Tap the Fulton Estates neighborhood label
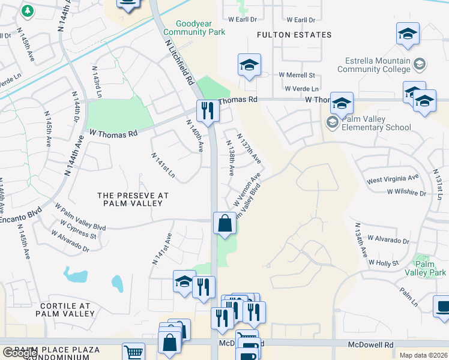(294, 35)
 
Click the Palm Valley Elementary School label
(375, 123)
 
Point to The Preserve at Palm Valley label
(133, 199)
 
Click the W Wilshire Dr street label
(406, 193)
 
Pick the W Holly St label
(384, 263)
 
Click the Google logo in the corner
(20, 353)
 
